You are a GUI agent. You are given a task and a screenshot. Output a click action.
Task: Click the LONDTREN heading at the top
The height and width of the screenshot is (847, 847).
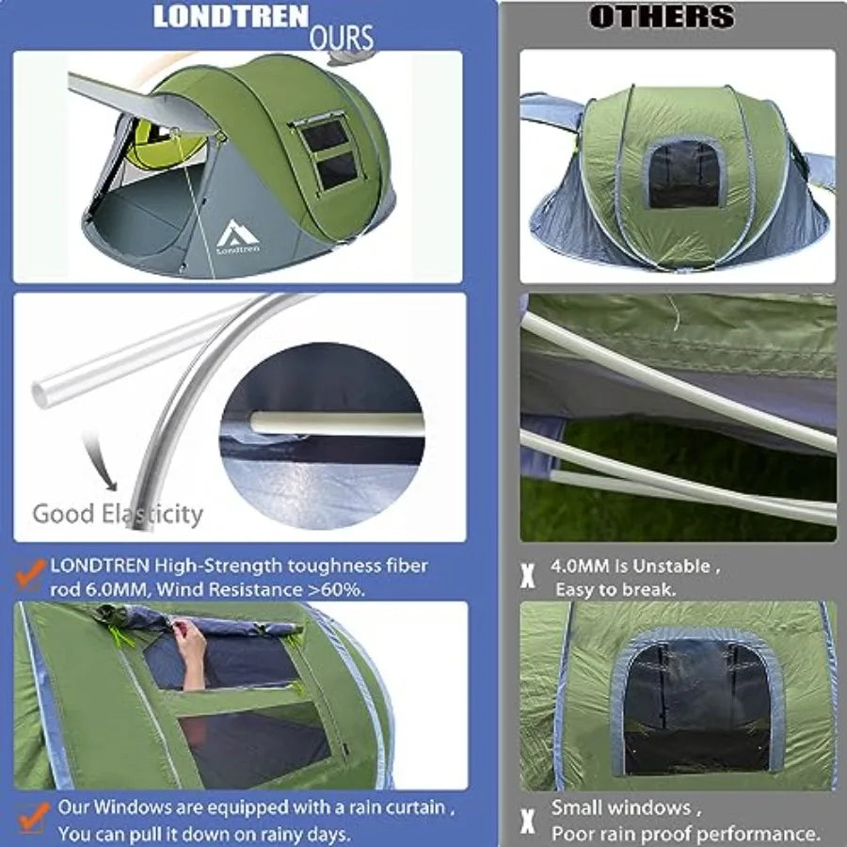tap(231, 17)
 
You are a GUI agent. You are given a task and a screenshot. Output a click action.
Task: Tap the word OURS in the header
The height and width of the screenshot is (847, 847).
tap(341, 39)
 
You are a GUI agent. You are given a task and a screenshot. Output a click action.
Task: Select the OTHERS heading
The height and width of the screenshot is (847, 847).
tap(661, 17)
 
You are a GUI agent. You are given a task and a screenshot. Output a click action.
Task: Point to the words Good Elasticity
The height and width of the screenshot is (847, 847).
tap(118, 514)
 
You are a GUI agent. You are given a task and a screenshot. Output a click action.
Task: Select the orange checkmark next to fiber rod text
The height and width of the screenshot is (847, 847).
tap(32, 570)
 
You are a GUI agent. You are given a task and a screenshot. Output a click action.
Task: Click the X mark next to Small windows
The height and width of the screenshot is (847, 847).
tap(528, 820)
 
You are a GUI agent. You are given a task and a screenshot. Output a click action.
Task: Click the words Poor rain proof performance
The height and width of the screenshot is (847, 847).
tap(685, 833)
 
